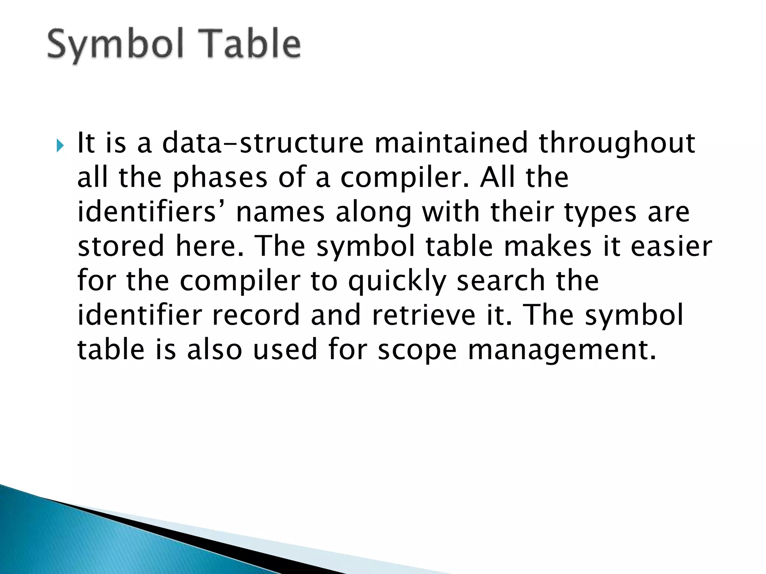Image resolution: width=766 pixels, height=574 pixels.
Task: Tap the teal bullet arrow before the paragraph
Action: coord(61,145)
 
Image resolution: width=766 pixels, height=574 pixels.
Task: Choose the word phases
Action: coord(220,178)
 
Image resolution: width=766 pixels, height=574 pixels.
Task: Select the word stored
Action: coord(121,246)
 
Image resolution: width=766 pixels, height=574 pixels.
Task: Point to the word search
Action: coord(500,280)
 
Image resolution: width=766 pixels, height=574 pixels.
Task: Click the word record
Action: coord(256,315)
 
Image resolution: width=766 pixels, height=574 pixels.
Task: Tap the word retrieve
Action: coord(423,315)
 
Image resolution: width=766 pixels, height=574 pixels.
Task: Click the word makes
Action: coord(548,246)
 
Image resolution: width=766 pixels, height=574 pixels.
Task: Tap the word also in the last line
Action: coord(215,349)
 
